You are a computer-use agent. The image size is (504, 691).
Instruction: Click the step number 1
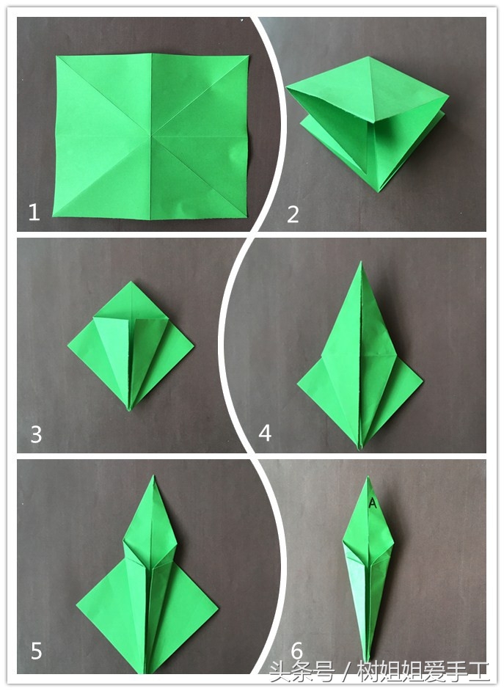pyautogui.click(x=34, y=213)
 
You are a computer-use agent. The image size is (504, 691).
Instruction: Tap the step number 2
pyautogui.click(x=293, y=214)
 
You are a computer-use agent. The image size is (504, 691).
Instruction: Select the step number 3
pyautogui.click(x=36, y=434)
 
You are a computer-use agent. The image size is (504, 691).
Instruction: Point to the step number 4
pyautogui.click(x=265, y=433)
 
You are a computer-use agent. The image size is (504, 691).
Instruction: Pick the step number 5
pyautogui.click(x=36, y=651)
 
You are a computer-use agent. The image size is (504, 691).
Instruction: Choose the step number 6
pyautogui.click(x=297, y=651)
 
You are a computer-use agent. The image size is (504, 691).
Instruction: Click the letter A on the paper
pyautogui.click(x=373, y=502)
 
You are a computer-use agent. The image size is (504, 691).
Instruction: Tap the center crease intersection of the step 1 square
pyautogui.click(x=151, y=135)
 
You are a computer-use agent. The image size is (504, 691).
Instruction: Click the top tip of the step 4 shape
pyautogui.click(x=361, y=262)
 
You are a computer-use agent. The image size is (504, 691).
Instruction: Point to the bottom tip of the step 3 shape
pyautogui.click(x=129, y=410)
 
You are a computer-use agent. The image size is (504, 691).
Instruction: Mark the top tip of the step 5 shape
pyautogui.click(x=153, y=475)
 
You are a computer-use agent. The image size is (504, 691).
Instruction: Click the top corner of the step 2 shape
pyautogui.click(x=369, y=56)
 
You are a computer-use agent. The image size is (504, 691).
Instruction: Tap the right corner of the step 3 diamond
pyautogui.click(x=194, y=345)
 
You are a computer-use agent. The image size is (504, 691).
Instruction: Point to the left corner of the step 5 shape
pyautogui.click(x=76, y=606)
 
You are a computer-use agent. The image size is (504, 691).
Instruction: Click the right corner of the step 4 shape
pyautogui.click(x=423, y=380)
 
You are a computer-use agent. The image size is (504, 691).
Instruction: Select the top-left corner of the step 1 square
pyautogui.click(x=56, y=56)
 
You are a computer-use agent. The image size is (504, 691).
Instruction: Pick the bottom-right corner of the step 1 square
pyautogui.click(x=246, y=217)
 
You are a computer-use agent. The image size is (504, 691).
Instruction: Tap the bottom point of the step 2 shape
pyautogui.click(x=378, y=191)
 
